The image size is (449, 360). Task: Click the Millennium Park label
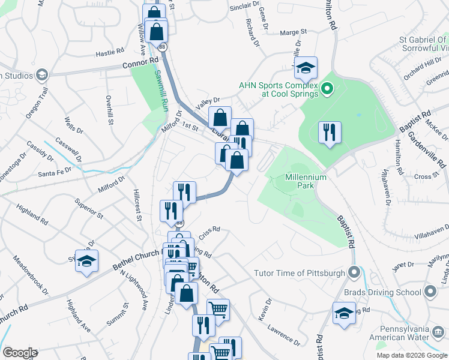[306, 182]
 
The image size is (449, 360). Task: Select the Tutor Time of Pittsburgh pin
[354, 273]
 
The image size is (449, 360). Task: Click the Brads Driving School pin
[430, 292]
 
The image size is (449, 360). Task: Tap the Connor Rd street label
[140, 62]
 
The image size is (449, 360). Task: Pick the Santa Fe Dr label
[55, 173]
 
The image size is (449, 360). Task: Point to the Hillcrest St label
[136, 205]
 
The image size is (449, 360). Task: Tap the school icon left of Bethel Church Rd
[86, 261]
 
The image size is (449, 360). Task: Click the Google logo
[20, 353]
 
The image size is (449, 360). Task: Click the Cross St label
[423, 176]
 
